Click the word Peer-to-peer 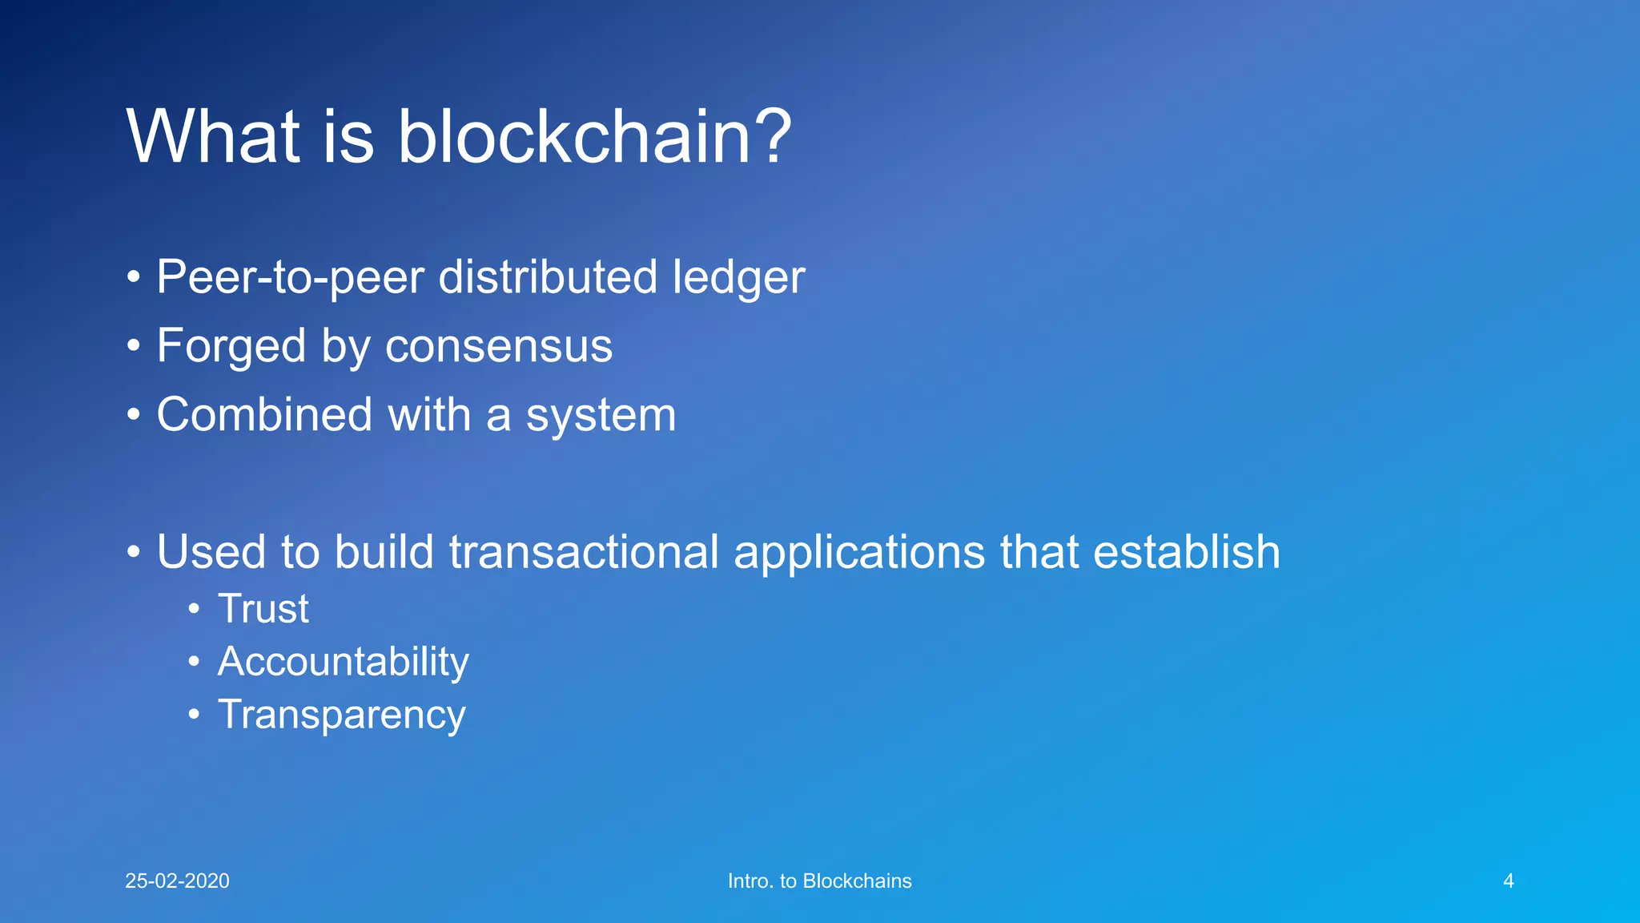[290, 278]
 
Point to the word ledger [738, 278]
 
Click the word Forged [231, 347]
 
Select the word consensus [498, 347]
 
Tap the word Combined [264, 415]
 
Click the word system [601, 417]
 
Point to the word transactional [584, 552]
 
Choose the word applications [859, 554]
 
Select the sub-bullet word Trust [263, 609]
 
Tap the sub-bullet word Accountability [343, 663]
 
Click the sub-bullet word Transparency [341, 715]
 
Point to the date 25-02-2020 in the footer [177, 881]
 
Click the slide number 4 [1508, 881]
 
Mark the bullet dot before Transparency [194, 714]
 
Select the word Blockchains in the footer [857, 881]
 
